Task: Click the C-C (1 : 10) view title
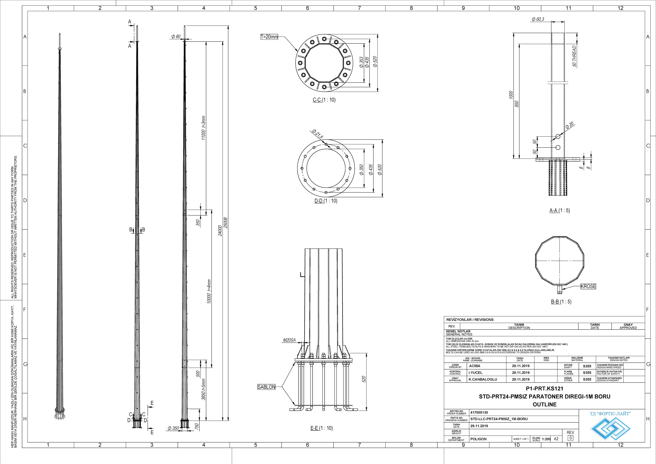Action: tap(324, 100)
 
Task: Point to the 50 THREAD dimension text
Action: tap(574, 56)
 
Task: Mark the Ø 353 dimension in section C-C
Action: tap(361, 62)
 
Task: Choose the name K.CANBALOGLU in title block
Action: tap(483, 379)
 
